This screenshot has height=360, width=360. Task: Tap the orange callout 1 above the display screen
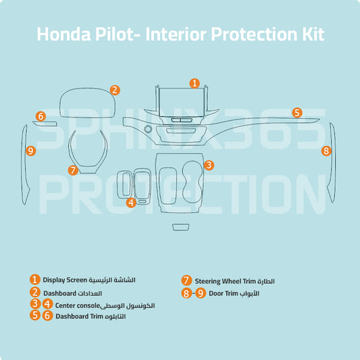195,83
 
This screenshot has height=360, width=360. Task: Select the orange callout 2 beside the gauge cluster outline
115,91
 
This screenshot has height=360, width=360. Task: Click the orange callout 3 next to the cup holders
209,165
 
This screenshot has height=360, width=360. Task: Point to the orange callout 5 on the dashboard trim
297,113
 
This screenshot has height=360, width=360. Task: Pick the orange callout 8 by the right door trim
326,151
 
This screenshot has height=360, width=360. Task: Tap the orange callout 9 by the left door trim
30,151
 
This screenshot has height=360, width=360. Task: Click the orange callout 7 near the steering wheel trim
73,170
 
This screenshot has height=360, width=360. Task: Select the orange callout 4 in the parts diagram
131,203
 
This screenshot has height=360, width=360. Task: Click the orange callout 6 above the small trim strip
41,116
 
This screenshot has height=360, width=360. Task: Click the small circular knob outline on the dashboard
148,129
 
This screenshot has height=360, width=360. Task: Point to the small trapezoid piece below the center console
181,227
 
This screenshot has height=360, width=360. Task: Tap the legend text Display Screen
65,280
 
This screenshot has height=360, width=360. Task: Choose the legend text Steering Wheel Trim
225,281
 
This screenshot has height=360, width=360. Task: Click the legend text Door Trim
223,293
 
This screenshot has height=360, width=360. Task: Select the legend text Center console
78,305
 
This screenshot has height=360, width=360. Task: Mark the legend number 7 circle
186,280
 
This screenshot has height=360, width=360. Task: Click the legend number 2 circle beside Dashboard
35,292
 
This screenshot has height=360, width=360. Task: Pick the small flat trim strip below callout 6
45,124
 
